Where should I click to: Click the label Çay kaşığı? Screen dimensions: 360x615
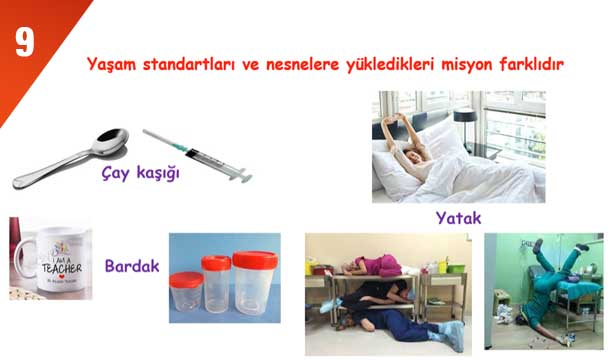[x=140, y=173]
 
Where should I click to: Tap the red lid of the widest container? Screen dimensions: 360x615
[x=255, y=261]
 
